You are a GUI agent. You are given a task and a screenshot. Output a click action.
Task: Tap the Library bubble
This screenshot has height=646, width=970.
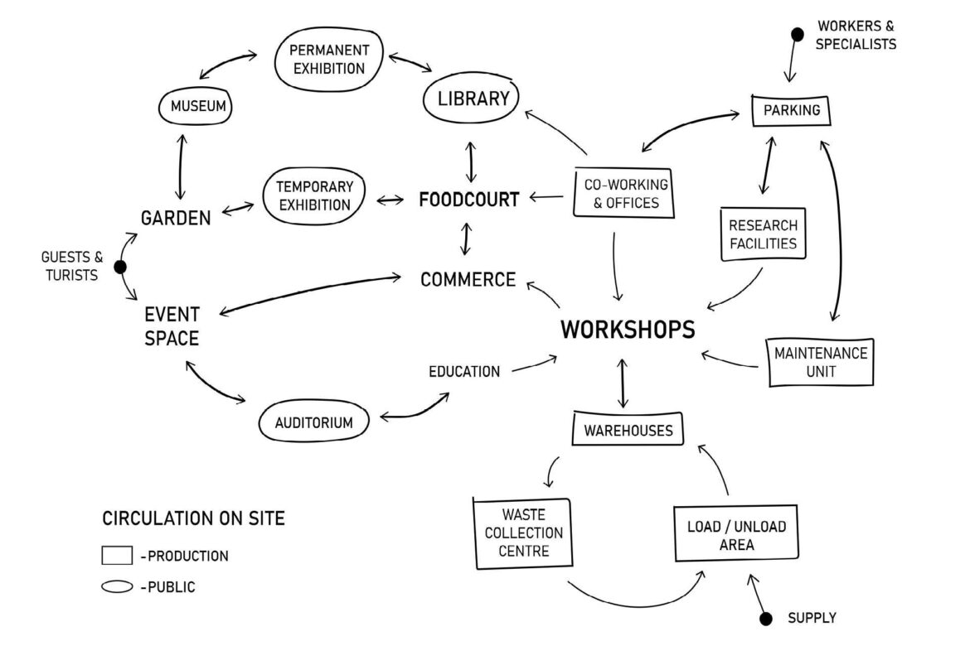tap(472, 99)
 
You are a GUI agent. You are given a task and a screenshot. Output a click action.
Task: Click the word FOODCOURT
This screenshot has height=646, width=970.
tap(469, 200)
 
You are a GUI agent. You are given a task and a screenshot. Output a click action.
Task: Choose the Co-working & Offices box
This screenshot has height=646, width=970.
tap(621, 192)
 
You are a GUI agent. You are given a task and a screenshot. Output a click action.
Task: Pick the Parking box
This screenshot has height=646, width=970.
tap(791, 110)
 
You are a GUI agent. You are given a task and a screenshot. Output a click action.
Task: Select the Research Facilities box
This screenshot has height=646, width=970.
tap(762, 234)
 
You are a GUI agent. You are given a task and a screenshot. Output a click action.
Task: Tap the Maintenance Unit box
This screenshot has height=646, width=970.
tap(820, 362)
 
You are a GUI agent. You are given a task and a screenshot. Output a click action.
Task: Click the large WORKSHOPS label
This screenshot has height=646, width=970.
tap(628, 330)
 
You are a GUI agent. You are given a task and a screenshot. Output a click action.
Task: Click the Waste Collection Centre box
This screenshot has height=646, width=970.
tap(522, 533)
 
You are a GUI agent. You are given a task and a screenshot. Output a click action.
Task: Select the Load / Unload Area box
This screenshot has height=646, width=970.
tap(736, 535)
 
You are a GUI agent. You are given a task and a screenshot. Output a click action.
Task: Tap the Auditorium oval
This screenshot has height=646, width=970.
tap(313, 422)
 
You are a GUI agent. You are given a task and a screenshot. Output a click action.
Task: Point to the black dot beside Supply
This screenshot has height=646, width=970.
tap(766, 619)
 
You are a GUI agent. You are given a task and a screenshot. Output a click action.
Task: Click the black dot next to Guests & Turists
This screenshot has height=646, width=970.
tap(119, 267)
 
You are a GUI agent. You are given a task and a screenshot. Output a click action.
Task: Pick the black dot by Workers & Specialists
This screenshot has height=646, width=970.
tap(797, 34)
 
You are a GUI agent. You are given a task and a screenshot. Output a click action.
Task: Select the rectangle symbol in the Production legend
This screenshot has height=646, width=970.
tap(117, 556)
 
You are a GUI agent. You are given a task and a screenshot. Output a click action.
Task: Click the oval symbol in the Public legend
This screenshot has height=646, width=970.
tap(117, 587)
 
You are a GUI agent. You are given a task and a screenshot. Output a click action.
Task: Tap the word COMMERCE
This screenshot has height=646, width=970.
tap(468, 280)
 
